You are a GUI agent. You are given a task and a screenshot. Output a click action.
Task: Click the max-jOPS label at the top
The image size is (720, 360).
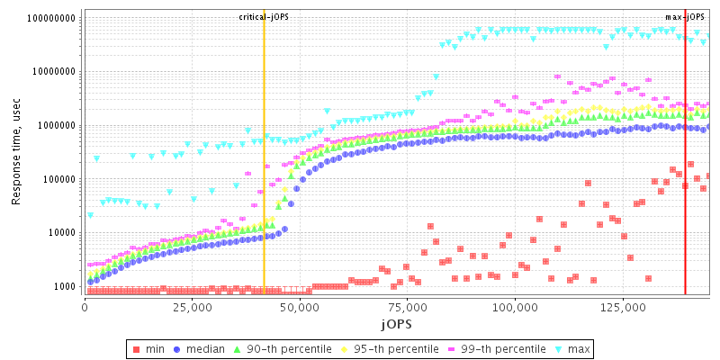(x=686, y=17)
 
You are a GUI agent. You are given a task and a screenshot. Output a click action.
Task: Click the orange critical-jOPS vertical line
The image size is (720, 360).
(x=264, y=180)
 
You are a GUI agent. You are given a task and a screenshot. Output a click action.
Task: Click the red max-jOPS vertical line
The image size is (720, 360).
(x=686, y=180)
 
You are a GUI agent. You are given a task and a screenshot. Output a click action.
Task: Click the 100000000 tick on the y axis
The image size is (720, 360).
(x=51, y=18)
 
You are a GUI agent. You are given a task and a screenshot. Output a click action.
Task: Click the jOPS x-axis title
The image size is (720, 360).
(x=396, y=323)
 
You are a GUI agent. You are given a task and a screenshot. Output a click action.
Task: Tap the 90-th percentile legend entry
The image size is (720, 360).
(x=279, y=348)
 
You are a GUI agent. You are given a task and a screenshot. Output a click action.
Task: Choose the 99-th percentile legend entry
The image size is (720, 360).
(x=490, y=348)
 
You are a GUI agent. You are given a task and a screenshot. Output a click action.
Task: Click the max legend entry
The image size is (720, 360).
(x=571, y=348)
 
